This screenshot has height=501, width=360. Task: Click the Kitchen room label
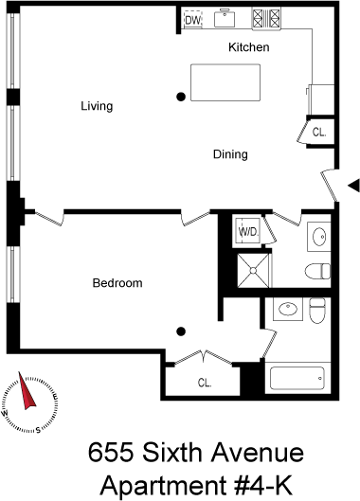click(x=249, y=47)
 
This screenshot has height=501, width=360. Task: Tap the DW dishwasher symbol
click(x=193, y=21)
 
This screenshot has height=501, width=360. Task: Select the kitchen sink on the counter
click(x=225, y=19)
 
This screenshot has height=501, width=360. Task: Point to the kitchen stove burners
click(x=266, y=18)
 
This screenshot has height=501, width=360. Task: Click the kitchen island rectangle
click(x=225, y=82)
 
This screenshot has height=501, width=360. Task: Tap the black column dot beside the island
click(x=181, y=97)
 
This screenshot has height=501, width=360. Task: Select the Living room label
click(x=97, y=106)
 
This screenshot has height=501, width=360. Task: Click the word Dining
click(x=230, y=154)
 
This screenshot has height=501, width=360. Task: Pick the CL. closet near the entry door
click(x=319, y=133)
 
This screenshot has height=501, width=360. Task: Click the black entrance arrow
click(x=354, y=186)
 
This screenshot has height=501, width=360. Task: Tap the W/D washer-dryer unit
click(x=248, y=231)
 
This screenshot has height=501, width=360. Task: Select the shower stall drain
click(x=253, y=271)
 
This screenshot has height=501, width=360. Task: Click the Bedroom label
click(x=117, y=283)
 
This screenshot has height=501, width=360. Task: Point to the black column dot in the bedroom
click(x=181, y=331)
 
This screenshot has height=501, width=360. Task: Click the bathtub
click(x=297, y=378)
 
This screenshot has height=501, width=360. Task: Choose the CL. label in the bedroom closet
click(x=205, y=383)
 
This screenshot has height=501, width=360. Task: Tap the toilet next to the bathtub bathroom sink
click(x=317, y=311)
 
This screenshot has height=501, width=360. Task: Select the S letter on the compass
click(x=38, y=430)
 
